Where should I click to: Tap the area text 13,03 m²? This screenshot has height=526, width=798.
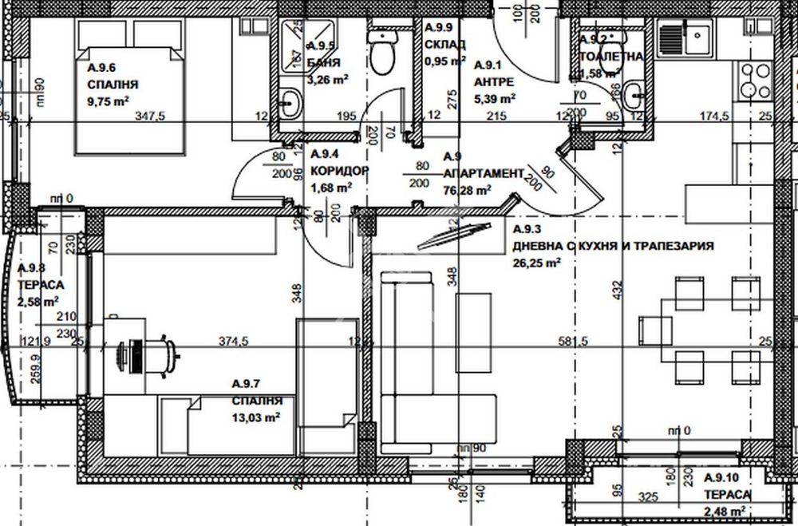(253, 417)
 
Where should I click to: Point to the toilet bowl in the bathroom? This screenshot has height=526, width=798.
(381, 53)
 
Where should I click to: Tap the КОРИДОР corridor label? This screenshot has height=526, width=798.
(338, 172)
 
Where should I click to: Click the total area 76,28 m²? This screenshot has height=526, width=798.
(466, 191)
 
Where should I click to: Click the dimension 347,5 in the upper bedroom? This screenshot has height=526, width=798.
(150, 117)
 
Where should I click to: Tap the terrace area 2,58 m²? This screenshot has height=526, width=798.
(40, 302)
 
